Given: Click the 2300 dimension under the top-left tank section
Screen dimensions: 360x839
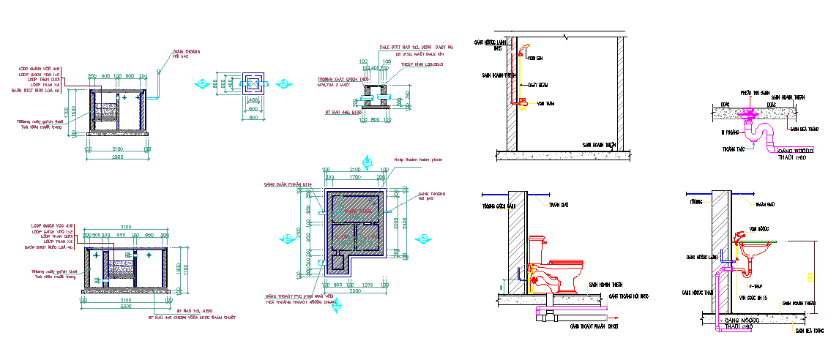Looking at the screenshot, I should tap(116, 155).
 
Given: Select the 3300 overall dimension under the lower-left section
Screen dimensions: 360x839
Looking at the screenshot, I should tap(125, 306).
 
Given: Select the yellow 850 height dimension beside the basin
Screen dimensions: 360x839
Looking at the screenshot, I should tap(810, 277).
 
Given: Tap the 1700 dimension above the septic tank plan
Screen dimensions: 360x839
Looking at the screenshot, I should tap(355, 177).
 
